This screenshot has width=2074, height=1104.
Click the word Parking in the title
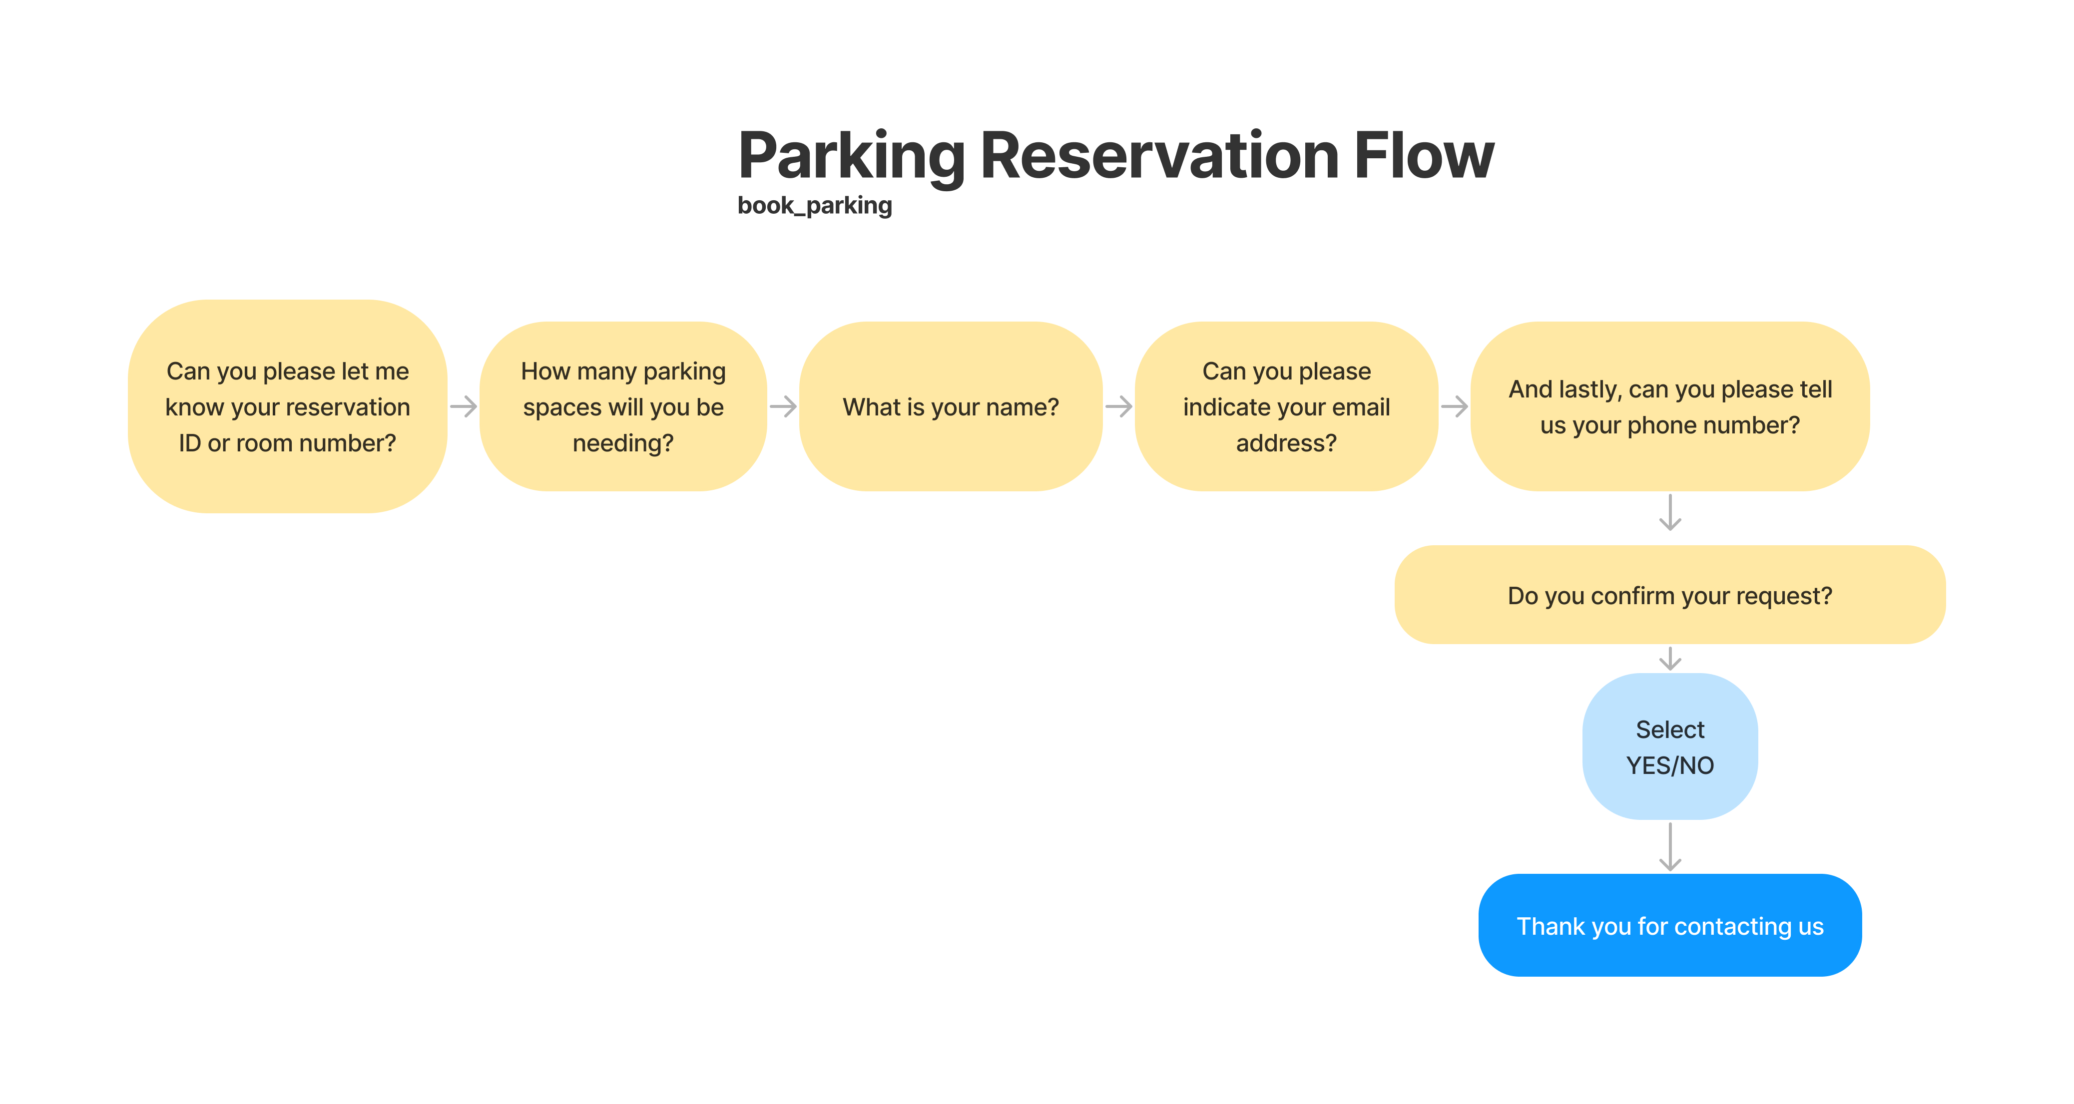tap(852, 157)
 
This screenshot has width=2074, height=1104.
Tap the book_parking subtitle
tap(815, 206)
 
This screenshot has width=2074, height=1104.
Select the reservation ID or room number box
tap(287, 406)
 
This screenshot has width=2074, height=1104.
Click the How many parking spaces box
tap(623, 406)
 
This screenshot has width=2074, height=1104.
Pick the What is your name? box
tap(951, 406)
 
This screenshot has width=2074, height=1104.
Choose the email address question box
tap(1287, 406)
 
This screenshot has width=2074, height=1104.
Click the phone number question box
tap(1670, 406)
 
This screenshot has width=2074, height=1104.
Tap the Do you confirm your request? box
tap(1670, 595)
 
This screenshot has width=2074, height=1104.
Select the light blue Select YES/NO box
tap(1670, 746)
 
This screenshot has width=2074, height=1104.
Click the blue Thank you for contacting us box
tap(1670, 925)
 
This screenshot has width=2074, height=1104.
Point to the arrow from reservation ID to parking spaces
tap(464, 406)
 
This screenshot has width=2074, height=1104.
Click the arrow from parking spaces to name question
tap(783, 406)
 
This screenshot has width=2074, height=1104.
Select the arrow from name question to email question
tap(1119, 406)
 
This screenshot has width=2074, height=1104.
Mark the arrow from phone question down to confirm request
tap(1670, 513)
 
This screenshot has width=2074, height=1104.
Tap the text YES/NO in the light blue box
tap(1670, 765)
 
